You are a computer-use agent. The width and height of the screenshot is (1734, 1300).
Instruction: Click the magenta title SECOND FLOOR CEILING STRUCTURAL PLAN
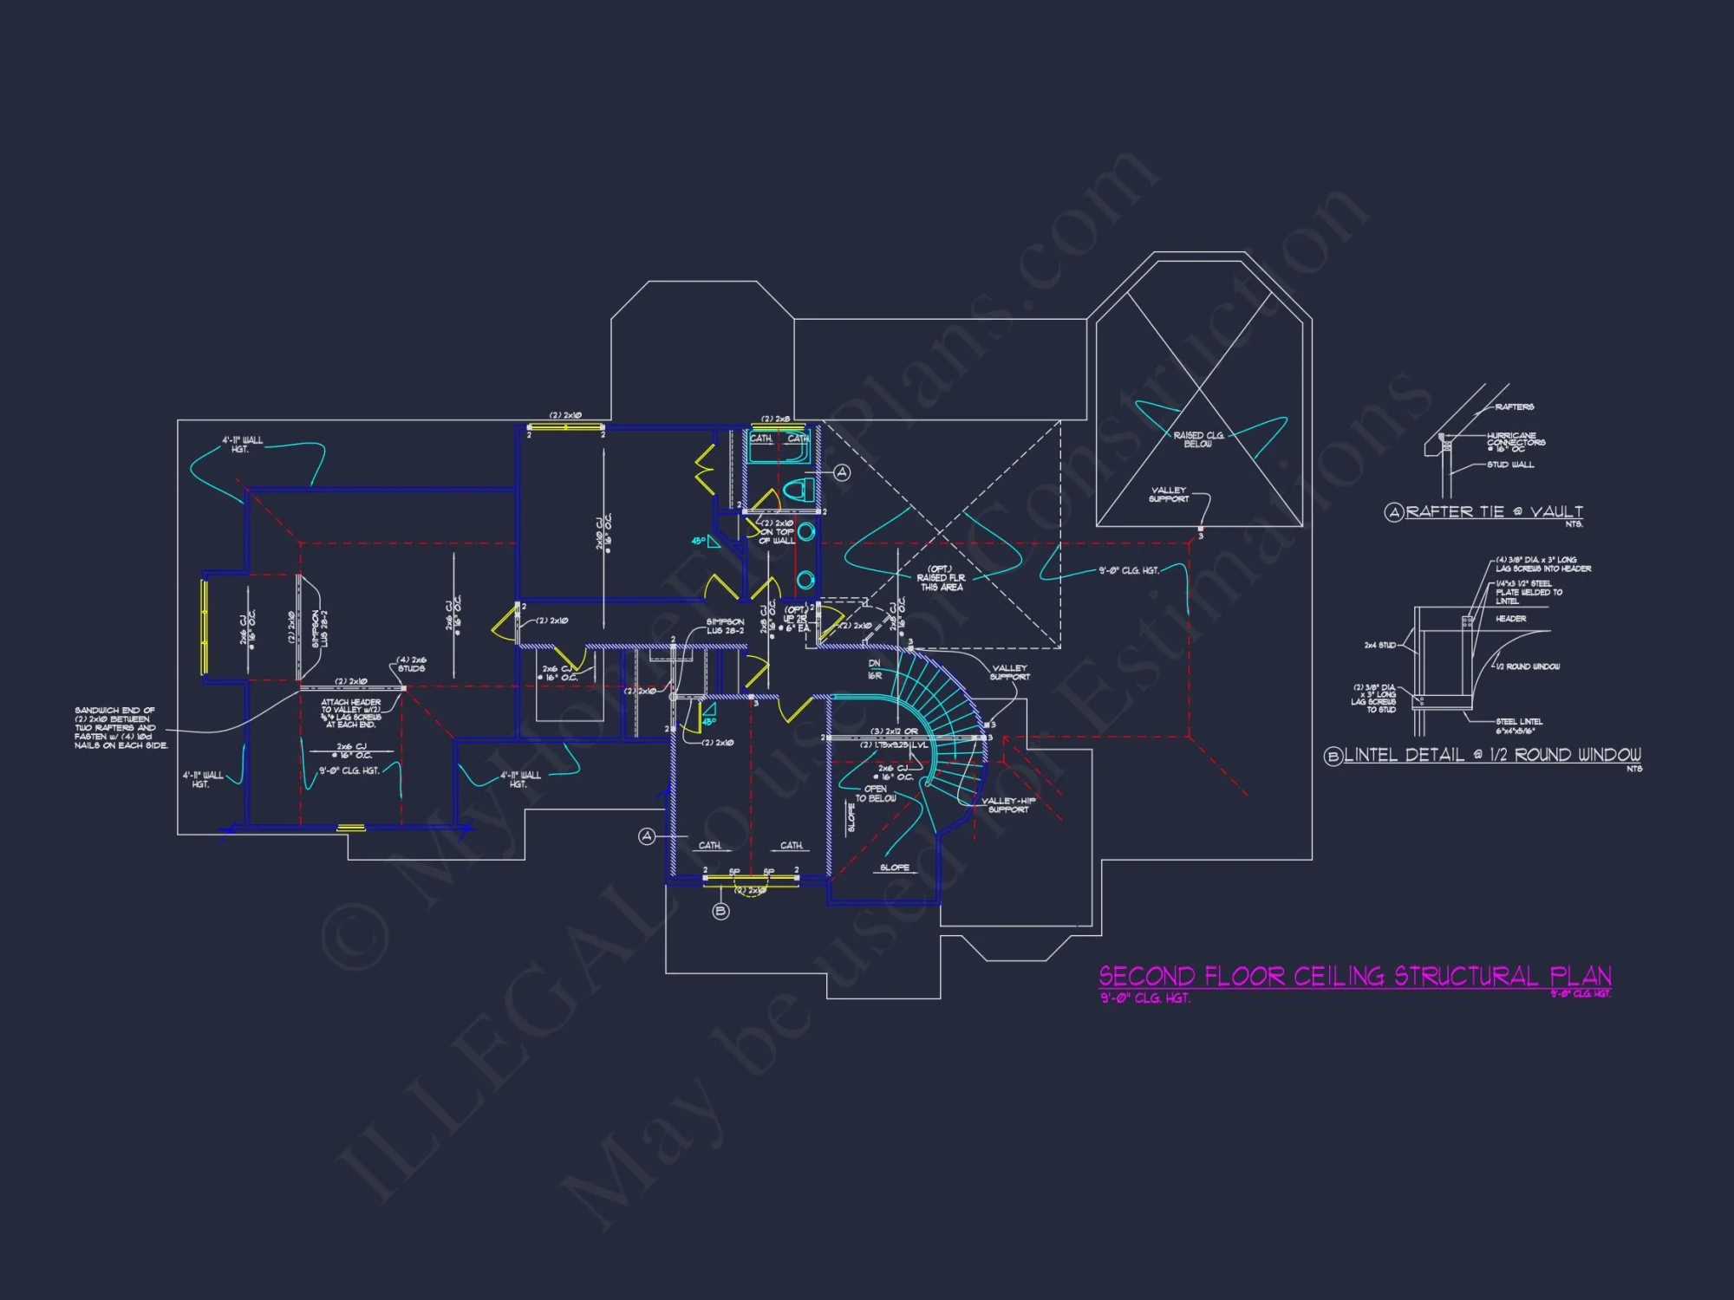tap(1355, 977)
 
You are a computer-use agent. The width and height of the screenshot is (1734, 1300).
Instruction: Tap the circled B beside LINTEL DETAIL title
tap(1333, 757)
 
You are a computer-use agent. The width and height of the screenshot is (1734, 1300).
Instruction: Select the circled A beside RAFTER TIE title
tap(1394, 512)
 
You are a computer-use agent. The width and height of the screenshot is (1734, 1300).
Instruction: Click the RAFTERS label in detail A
tap(1514, 406)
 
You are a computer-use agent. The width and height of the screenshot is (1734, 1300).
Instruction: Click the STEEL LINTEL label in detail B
tap(1519, 725)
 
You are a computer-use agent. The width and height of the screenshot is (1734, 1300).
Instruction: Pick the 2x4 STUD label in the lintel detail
tap(1380, 645)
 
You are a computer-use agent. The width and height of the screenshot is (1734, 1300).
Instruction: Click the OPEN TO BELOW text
tap(876, 794)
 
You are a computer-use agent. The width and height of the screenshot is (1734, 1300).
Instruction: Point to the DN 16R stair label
tap(875, 669)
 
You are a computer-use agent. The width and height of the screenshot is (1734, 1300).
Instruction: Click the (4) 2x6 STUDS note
tap(411, 664)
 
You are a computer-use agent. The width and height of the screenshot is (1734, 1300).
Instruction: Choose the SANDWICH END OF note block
tap(121, 727)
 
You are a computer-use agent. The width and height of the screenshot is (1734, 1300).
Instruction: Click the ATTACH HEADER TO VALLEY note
tap(351, 712)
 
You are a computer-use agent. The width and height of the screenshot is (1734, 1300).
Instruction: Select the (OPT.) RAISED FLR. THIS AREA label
tap(941, 578)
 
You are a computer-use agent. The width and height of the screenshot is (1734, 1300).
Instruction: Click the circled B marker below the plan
tap(720, 911)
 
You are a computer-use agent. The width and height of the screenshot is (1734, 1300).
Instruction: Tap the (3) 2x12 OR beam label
tap(894, 731)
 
